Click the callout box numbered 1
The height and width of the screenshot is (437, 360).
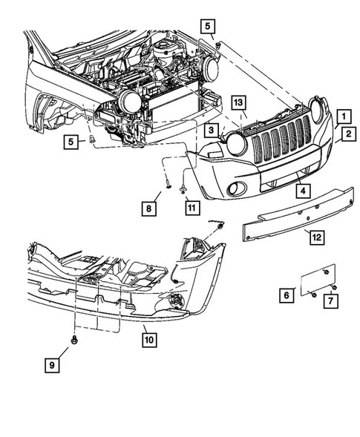[x=342, y=116]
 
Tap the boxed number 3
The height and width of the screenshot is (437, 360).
[x=212, y=131]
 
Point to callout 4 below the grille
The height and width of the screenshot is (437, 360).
[x=303, y=191]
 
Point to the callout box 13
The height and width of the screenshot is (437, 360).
[x=238, y=102]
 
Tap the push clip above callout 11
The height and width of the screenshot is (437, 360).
[x=189, y=192]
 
